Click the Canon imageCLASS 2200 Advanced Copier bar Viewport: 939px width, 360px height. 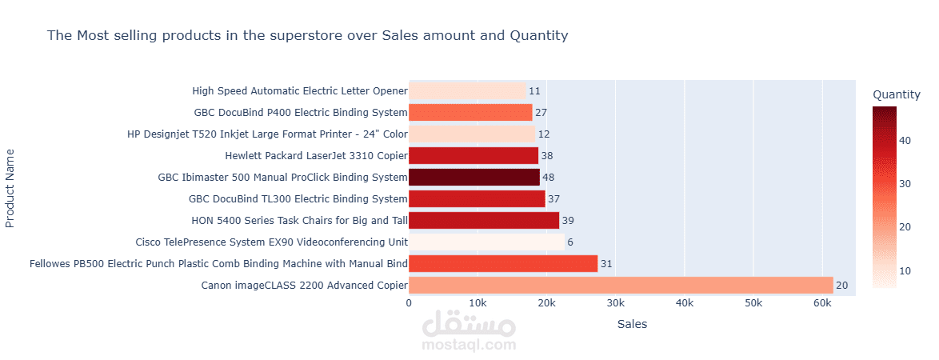tap(621, 285)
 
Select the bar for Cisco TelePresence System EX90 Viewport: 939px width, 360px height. tap(486, 242)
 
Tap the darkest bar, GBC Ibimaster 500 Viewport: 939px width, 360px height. tap(474, 177)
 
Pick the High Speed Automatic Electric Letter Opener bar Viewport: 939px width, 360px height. tap(467, 91)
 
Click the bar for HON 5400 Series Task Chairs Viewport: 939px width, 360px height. tap(484, 220)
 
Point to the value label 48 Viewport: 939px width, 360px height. tap(548, 177)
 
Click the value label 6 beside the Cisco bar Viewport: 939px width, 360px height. tap(570, 242)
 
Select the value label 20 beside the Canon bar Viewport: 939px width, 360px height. tap(841, 285)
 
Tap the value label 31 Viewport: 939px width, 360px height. tap(606, 263)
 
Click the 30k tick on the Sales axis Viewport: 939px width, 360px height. tap(616, 303)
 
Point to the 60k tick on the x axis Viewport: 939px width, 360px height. tap(822, 303)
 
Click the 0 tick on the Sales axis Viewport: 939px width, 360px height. tap(410, 303)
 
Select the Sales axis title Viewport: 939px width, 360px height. tap(632, 324)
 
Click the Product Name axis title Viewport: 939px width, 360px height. tap(10, 187)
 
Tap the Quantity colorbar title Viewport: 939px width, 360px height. tap(896, 94)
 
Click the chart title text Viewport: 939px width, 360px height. tap(307, 35)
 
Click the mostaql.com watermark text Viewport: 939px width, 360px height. tap(469, 345)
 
